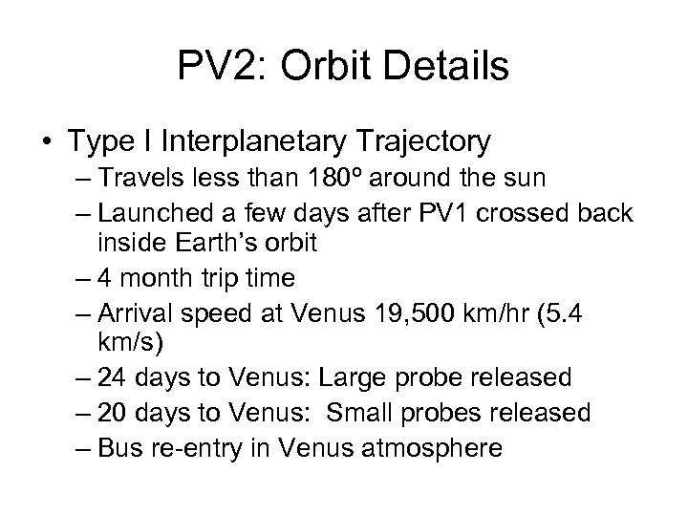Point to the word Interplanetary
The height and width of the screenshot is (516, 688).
[x=280, y=141]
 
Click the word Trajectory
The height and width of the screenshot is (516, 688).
[x=432, y=141]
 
